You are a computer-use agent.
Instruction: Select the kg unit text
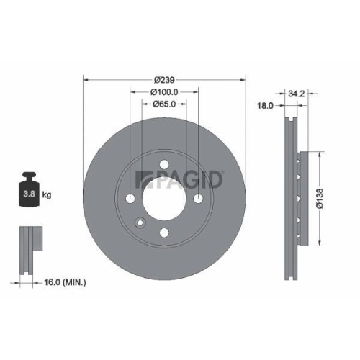point(47,195)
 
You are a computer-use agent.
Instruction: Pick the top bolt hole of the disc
point(165,163)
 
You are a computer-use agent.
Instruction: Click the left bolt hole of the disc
point(130,198)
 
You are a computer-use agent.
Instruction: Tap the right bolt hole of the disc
point(199,198)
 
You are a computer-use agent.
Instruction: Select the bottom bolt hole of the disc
point(165,232)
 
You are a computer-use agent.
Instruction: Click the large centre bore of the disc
point(165,198)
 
